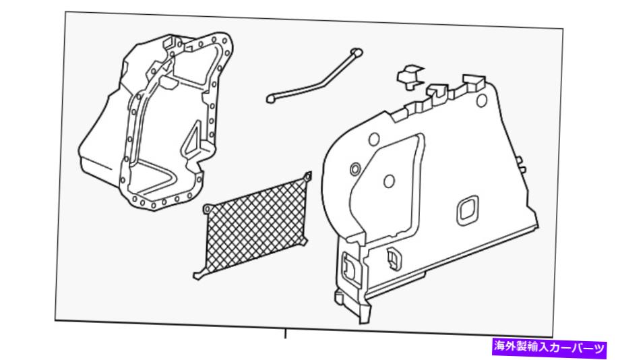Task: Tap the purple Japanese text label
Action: tap(549, 347)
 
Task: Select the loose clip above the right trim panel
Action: tap(410, 76)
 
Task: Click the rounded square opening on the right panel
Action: tap(468, 210)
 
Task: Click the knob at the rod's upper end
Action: tap(357, 53)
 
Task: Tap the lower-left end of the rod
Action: tap(270, 98)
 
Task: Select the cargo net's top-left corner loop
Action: tap(208, 210)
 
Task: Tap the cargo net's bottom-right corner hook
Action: tap(304, 241)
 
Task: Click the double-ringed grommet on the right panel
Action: tap(354, 169)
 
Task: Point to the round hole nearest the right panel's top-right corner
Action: tap(481, 100)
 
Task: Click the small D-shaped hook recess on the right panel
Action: tap(393, 257)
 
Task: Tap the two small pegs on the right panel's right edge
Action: tap(522, 164)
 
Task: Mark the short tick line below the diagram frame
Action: tap(285, 334)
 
